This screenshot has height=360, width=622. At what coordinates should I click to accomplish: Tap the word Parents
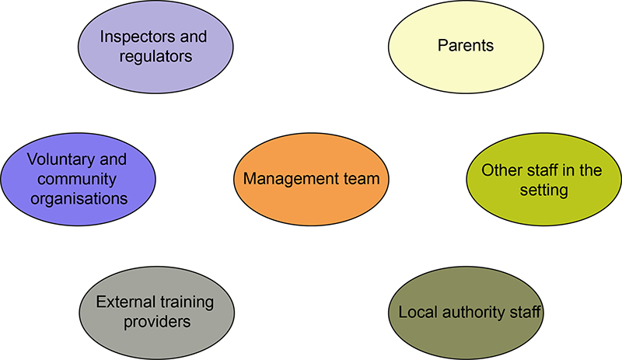tap(466, 45)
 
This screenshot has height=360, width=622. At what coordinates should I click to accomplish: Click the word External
tap(125, 301)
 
